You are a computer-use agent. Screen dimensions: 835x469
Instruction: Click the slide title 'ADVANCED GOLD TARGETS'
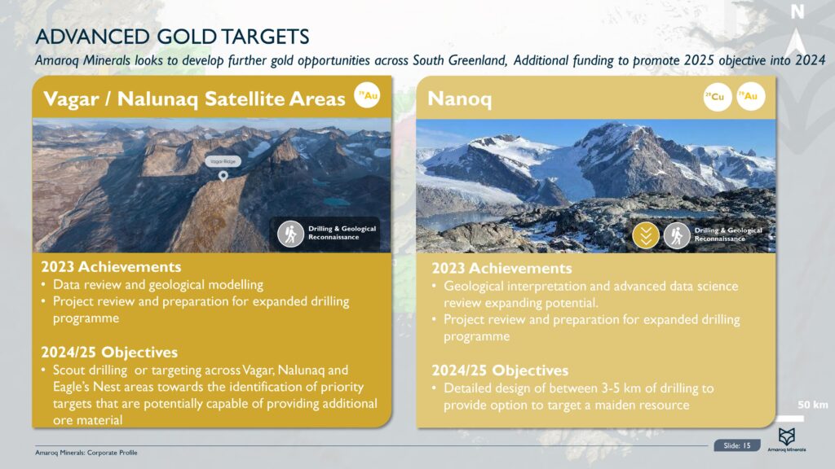pyautogui.click(x=172, y=37)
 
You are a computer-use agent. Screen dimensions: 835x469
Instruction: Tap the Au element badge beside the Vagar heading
pyautogui.click(x=367, y=95)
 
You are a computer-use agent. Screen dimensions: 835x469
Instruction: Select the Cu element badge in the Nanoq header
pyautogui.click(x=718, y=97)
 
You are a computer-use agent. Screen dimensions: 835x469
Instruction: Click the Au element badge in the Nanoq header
pyautogui.click(x=750, y=96)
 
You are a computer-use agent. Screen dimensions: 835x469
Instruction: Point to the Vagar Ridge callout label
pyautogui.click(x=223, y=161)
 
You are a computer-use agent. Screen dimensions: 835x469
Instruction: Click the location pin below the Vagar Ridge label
pyautogui.click(x=223, y=176)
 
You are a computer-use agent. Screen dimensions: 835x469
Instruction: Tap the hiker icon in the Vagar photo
pyautogui.click(x=291, y=234)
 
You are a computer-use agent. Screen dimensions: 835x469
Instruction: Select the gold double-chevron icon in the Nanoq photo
pyautogui.click(x=646, y=235)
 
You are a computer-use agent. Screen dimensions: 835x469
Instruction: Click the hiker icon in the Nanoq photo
pyautogui.click(x=677, y=235)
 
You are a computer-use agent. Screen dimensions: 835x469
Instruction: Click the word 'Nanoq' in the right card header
pyautogui.click(x=460, y=99)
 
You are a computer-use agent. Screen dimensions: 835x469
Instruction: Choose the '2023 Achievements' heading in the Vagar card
pyautogui.click(x=111, y=266)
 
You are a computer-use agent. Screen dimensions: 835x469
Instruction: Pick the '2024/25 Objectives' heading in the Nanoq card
pyautogui.click(x=500, y=370)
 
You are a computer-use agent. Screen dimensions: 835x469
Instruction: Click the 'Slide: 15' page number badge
pyautogui.click(x=737, y=445)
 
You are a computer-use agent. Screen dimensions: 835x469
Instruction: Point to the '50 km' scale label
pyautogui.click(x=813, y=405)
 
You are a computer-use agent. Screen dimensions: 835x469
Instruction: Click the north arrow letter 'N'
pyautogui.click(x=797, y=11)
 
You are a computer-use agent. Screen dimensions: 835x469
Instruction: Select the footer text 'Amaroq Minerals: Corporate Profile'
pyautogui.click(x=86, y=453)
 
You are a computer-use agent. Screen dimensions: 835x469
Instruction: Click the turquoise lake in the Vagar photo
pyautogui.click(x=336, y=202)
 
